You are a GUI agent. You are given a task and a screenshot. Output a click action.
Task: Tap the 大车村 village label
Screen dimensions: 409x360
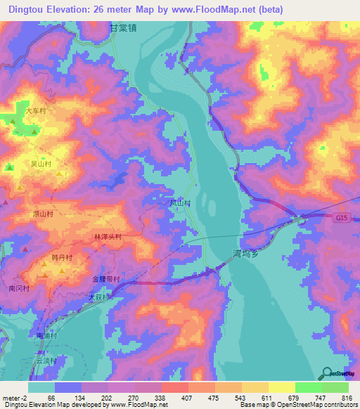click(36, 111)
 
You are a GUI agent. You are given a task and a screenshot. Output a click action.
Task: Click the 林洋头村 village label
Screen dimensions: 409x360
click(107, 238)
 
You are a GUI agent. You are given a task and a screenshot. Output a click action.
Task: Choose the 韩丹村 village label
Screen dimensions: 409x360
click(63, 259)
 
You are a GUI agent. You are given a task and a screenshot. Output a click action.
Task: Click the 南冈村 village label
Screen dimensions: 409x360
click(19, 288)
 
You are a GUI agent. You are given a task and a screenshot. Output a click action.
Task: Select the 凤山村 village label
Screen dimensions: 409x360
click(181, 202)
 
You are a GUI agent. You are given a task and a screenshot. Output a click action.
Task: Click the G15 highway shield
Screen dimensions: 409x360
click(341, 219)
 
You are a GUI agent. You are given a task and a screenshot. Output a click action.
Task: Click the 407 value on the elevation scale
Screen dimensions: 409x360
click(186, 398)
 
